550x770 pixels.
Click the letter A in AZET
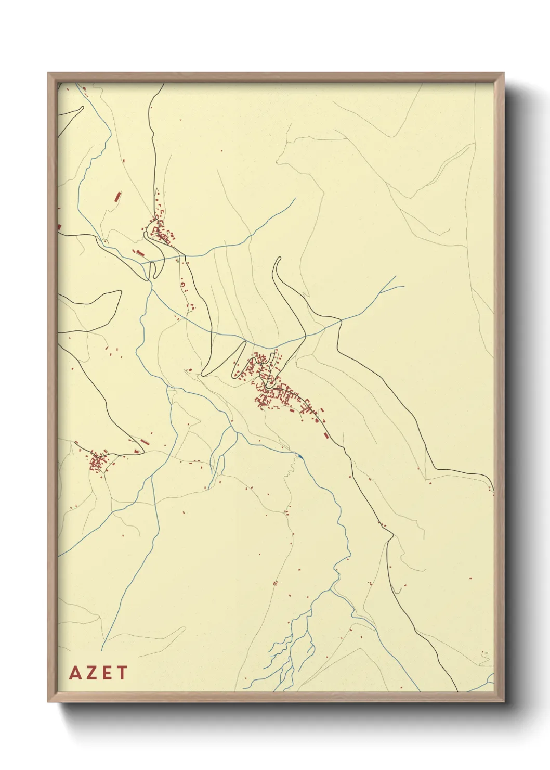tap(76, 673)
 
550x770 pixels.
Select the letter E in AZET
tap(106, 673)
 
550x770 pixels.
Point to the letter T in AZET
tap(122, 673)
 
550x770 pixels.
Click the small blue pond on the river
tap(300, 456)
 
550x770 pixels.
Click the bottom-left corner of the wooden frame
tap(49, 701)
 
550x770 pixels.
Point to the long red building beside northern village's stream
tap(138, 253)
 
